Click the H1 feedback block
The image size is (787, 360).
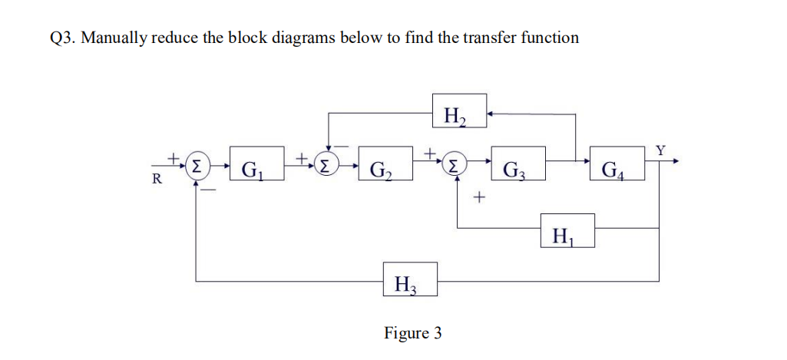tap(566, 231)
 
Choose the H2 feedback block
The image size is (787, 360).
tap(458, 113)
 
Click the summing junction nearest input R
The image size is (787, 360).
tap(198, 164)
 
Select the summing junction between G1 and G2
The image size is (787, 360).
tap(329, 164)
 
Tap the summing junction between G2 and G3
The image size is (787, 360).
tap(457, 164)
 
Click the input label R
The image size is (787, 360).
tap(157, 180)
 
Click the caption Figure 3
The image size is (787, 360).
tap(413, 333)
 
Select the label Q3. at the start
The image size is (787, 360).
tap(62, 38)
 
